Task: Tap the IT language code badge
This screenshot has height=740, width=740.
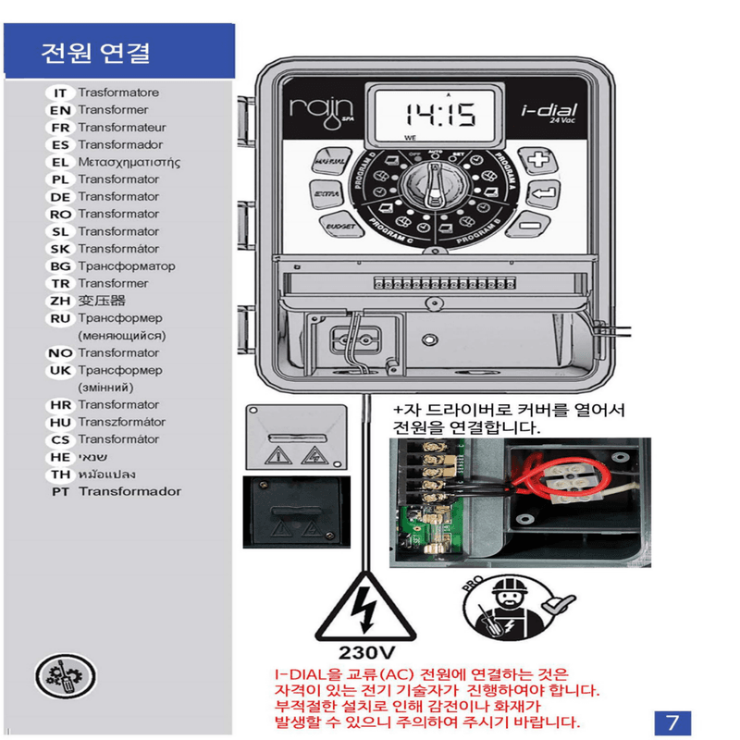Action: pyautogui.click(x=59, y=92)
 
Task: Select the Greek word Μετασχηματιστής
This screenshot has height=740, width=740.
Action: pyautogui.click(x=129, y=162)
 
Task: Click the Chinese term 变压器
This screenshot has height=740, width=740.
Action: pyautogui.click(x=101, y=301)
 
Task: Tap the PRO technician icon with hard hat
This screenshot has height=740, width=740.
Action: pyautogui.click(x=503, y=610)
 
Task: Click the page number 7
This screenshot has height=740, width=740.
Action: pyautogui.click(x=672, y=720)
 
